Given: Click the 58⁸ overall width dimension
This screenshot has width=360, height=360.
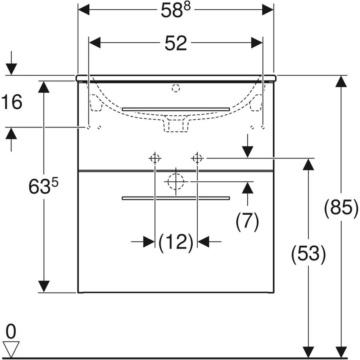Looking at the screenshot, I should coord(175,10).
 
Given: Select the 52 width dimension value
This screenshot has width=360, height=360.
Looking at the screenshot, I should coord(175,43).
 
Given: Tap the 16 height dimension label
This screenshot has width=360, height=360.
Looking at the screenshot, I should coord(12,102).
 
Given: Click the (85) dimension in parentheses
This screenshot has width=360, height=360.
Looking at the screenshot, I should coord(341,208).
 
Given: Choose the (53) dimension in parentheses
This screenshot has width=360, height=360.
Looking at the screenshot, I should coord(308,255).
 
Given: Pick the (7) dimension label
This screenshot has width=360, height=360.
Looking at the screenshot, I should coord(247,222).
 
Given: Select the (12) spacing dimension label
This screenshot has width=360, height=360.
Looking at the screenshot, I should coord(176,242).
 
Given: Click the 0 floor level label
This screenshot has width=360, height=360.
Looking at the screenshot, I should coord(11,330).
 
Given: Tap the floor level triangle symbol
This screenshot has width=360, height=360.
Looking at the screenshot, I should coord(11,348).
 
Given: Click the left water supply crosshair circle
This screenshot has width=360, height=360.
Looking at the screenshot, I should coord(155,158).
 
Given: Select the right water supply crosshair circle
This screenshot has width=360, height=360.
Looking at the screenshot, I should coord(197,158).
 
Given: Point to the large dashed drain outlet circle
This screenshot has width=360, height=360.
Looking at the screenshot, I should coord(176,182).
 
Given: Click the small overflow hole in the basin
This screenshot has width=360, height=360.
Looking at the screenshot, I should coord(176,89).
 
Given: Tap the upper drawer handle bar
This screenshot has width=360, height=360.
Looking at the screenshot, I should coord(176,109).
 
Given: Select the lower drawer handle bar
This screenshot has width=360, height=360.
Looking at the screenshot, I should coord(176,198).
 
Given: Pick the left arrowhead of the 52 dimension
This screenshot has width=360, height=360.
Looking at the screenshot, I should coord(94,43).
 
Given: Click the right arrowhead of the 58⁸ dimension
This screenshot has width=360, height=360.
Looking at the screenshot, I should coord(268,9).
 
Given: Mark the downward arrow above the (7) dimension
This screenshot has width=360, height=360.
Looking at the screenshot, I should coord(247,151).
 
